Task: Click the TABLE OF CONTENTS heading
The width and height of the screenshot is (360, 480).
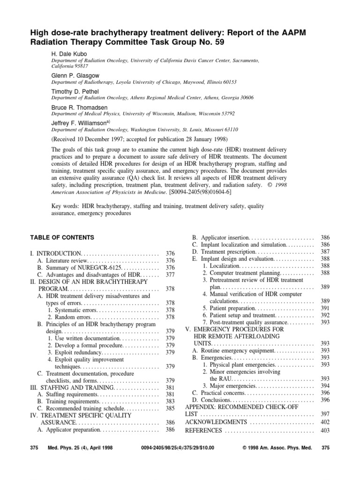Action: click(x=62, y=238)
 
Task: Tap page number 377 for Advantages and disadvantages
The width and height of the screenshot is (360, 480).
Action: click(x=170, y=275)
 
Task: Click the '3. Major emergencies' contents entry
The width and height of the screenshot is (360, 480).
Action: click(x=230, y=386)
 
